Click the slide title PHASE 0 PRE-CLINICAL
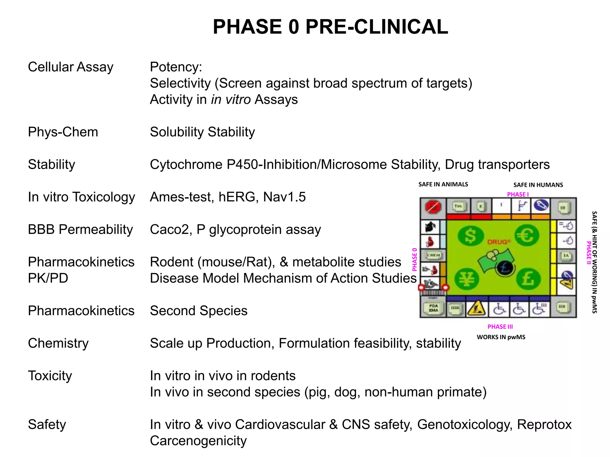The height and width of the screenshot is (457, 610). click(330, 27)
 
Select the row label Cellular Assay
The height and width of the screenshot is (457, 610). click(71, 67)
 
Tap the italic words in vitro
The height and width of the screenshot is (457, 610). click(231, 99)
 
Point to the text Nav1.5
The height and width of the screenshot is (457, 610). click(284, 197)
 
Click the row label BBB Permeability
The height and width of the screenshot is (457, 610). click(80, 229)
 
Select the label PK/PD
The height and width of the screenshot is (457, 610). click(48, 278)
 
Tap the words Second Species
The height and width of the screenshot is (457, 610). click(199, 311)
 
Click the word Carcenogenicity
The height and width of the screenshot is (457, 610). click(198, 441)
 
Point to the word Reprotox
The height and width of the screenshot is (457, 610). click(544, 425)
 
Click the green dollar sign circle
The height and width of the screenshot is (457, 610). click(470, 236)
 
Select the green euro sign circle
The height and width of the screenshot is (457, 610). click(527, 235)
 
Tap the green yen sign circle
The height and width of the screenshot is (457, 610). click(467, 279)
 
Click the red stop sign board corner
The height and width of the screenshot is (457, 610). click(433, 206)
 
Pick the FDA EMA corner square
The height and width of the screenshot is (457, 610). click(433, 308)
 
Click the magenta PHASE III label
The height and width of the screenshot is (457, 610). click(500, 327)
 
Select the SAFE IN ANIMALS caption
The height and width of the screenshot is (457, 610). click(443, 184)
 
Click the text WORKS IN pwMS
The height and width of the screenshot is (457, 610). click(501, 337)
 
